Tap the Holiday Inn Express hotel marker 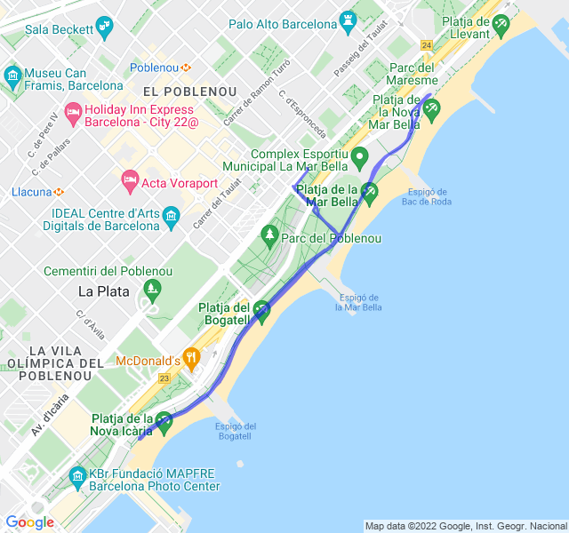[73, 112]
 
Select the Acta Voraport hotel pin [130, 181]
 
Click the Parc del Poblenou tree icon [270, 235]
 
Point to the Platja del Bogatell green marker [261, 310]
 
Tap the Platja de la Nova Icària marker [164, 420]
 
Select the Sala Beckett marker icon [106, 27]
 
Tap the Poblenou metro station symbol [187, 68]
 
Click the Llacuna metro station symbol [58, 191]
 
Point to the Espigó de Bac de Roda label [426, 196]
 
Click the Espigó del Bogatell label [236, 431]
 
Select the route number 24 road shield [428, 45]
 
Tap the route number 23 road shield [164, 378]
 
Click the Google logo [30, 522]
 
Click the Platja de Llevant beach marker [502, 22]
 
